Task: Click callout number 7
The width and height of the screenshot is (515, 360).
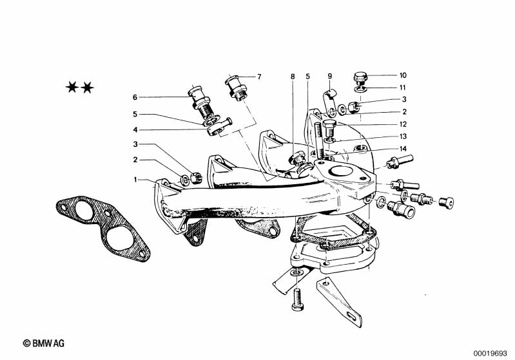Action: [x=259, y=77]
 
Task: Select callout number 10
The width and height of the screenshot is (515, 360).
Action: [x=403, y=75]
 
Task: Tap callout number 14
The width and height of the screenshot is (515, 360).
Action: [x=403, y=149]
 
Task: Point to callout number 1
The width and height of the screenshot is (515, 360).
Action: [x=135, y=180]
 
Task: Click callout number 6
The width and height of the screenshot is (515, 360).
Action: [x=135, y=97]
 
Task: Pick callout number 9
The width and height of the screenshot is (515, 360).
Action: [x=330, y=77]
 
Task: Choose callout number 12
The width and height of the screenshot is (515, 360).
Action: [x=403, y=124]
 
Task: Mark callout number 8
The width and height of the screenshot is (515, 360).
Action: [x=293, y=77]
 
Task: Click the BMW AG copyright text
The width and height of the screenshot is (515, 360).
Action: [x=44, y=343]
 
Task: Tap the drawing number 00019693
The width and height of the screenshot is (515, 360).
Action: [x=491, y=354]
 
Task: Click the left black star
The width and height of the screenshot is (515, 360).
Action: [x=72, y=88]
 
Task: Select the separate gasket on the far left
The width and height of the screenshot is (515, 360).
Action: [x=102, y=229]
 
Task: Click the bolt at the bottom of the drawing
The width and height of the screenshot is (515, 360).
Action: [x=297, y=299]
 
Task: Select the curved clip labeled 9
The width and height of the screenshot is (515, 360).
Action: [x=329, y=101]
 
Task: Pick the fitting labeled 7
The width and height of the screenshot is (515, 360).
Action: [x=235, y=86]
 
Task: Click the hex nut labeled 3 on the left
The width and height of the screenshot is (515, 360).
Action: [x=196, y=177]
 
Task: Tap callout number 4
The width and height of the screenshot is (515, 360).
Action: [x=135, y=130]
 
